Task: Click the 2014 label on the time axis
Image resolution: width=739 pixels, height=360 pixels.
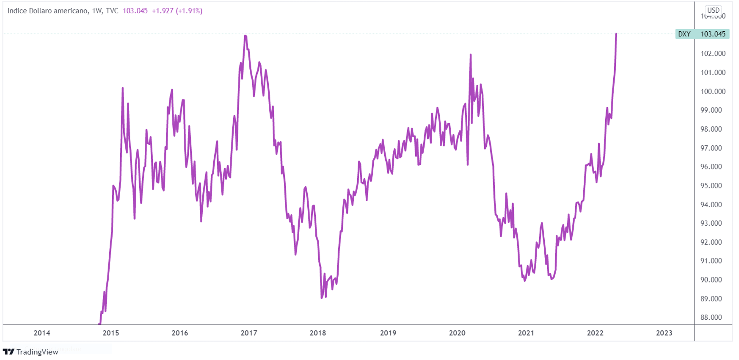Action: click(42, 333)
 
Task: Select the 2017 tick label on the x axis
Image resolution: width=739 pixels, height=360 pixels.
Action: click(249, 333)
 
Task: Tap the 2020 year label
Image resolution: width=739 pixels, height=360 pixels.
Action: click(457, 333)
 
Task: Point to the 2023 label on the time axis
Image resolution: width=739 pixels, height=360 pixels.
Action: click(664, 333)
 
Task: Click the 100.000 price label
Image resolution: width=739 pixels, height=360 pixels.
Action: click(713, 91)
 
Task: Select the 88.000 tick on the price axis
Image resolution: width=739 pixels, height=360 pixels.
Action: click(713, 317)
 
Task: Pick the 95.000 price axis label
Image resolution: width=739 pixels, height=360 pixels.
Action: click(713, 186)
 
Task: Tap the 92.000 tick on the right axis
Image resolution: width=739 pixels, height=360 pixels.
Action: click(713, 242)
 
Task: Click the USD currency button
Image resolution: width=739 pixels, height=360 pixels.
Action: click(713, 10)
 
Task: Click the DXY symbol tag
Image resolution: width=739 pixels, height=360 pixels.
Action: click(684, 34)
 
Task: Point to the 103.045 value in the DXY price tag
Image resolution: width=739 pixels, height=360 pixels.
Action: click(713, 34)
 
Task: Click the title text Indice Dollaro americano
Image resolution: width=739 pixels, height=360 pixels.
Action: click(47, 11)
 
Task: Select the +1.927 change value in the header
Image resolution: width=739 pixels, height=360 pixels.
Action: click(163, 11)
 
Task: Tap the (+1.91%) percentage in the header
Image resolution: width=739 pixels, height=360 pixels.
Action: click(189, 11)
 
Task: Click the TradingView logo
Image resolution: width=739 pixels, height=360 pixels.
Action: click(30, 352)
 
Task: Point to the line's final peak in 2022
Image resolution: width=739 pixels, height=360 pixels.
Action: click(616, 33)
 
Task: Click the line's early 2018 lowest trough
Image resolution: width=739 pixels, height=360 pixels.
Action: click(322, 298)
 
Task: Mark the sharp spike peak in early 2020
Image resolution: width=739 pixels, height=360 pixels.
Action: click(470, 55)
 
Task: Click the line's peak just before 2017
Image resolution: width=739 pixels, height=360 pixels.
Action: click(245, 36)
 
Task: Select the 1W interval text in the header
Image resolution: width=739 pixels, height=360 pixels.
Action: click(97, 11)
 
